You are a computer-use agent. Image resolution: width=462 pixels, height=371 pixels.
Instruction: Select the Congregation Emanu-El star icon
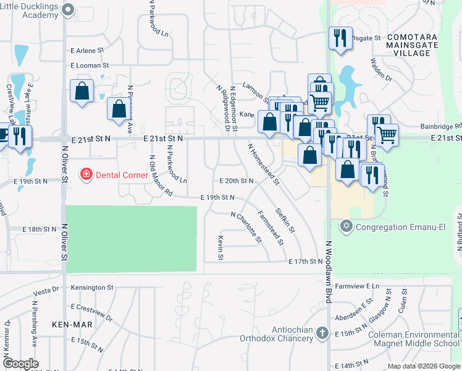346,227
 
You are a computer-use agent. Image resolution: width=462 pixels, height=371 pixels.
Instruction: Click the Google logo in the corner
20,364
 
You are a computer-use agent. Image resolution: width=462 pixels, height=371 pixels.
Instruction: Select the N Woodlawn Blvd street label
329,272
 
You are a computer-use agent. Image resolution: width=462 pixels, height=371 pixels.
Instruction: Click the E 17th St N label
306,262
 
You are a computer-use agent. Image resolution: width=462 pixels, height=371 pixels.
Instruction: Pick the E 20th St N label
237,181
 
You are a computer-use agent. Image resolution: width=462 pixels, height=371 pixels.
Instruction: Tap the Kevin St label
220,247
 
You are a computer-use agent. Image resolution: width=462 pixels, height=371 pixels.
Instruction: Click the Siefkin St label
285,220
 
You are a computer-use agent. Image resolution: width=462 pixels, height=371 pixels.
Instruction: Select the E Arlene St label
90,51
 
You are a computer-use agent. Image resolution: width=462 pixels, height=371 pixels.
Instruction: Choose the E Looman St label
90,65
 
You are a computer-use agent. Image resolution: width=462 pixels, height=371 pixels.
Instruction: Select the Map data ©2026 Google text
424,366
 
